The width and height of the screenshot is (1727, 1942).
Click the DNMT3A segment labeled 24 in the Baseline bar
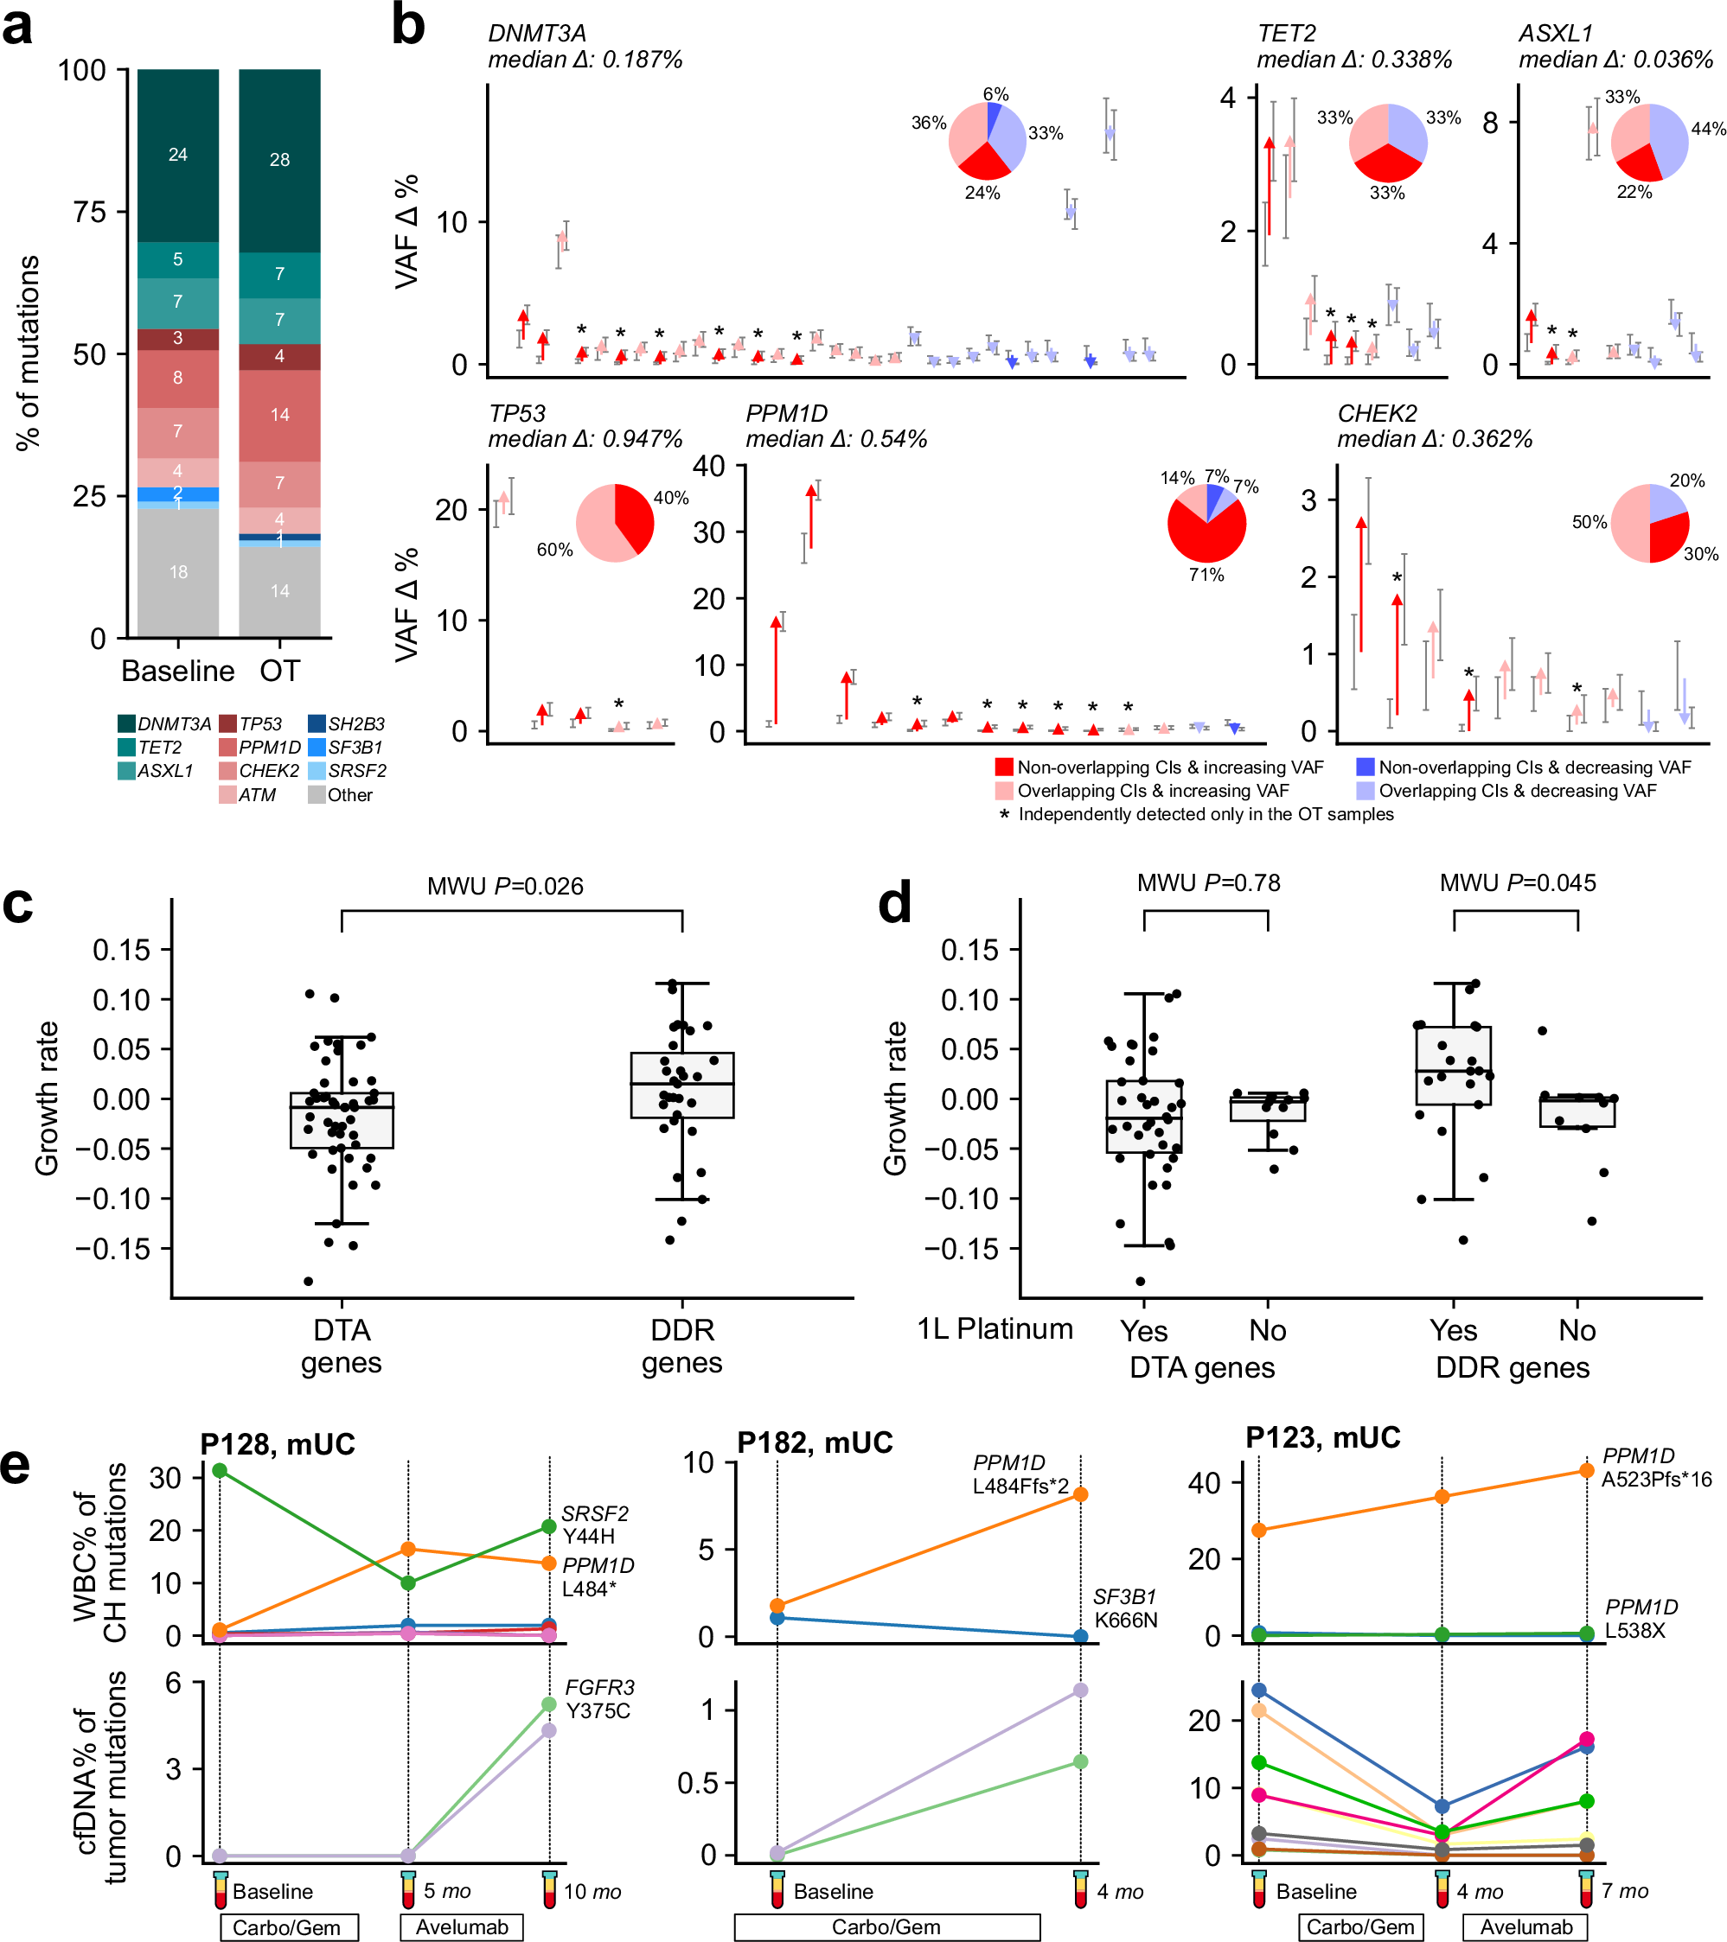coord(178,155)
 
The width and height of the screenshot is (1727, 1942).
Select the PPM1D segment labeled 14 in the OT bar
coord(279,415)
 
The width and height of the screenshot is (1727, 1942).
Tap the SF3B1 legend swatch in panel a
coord(317,748)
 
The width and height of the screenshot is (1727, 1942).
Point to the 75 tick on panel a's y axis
coord(89,212)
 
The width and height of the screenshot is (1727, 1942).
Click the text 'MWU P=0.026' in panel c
coord(505,887)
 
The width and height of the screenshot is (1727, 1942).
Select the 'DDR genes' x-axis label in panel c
coord(681,1347)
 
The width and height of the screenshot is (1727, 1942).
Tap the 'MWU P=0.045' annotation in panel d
coord(1517,882)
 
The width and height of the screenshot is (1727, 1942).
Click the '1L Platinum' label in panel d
coord(995,1329)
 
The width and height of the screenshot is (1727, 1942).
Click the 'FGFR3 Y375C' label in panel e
coord(598,1699)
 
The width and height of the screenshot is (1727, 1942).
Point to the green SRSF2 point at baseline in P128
coord(220,1471)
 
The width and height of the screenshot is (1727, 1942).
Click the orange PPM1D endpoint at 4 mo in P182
coord(1080,1494)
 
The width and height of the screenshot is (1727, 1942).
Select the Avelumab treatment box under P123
coord(1526,1926)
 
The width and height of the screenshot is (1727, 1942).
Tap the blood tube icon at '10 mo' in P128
coord(549,1888)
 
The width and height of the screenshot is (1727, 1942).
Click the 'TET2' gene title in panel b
coord(1286,33)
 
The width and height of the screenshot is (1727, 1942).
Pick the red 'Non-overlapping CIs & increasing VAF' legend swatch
coord(1004,767)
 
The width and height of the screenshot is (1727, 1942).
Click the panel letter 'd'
coord(894,901)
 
